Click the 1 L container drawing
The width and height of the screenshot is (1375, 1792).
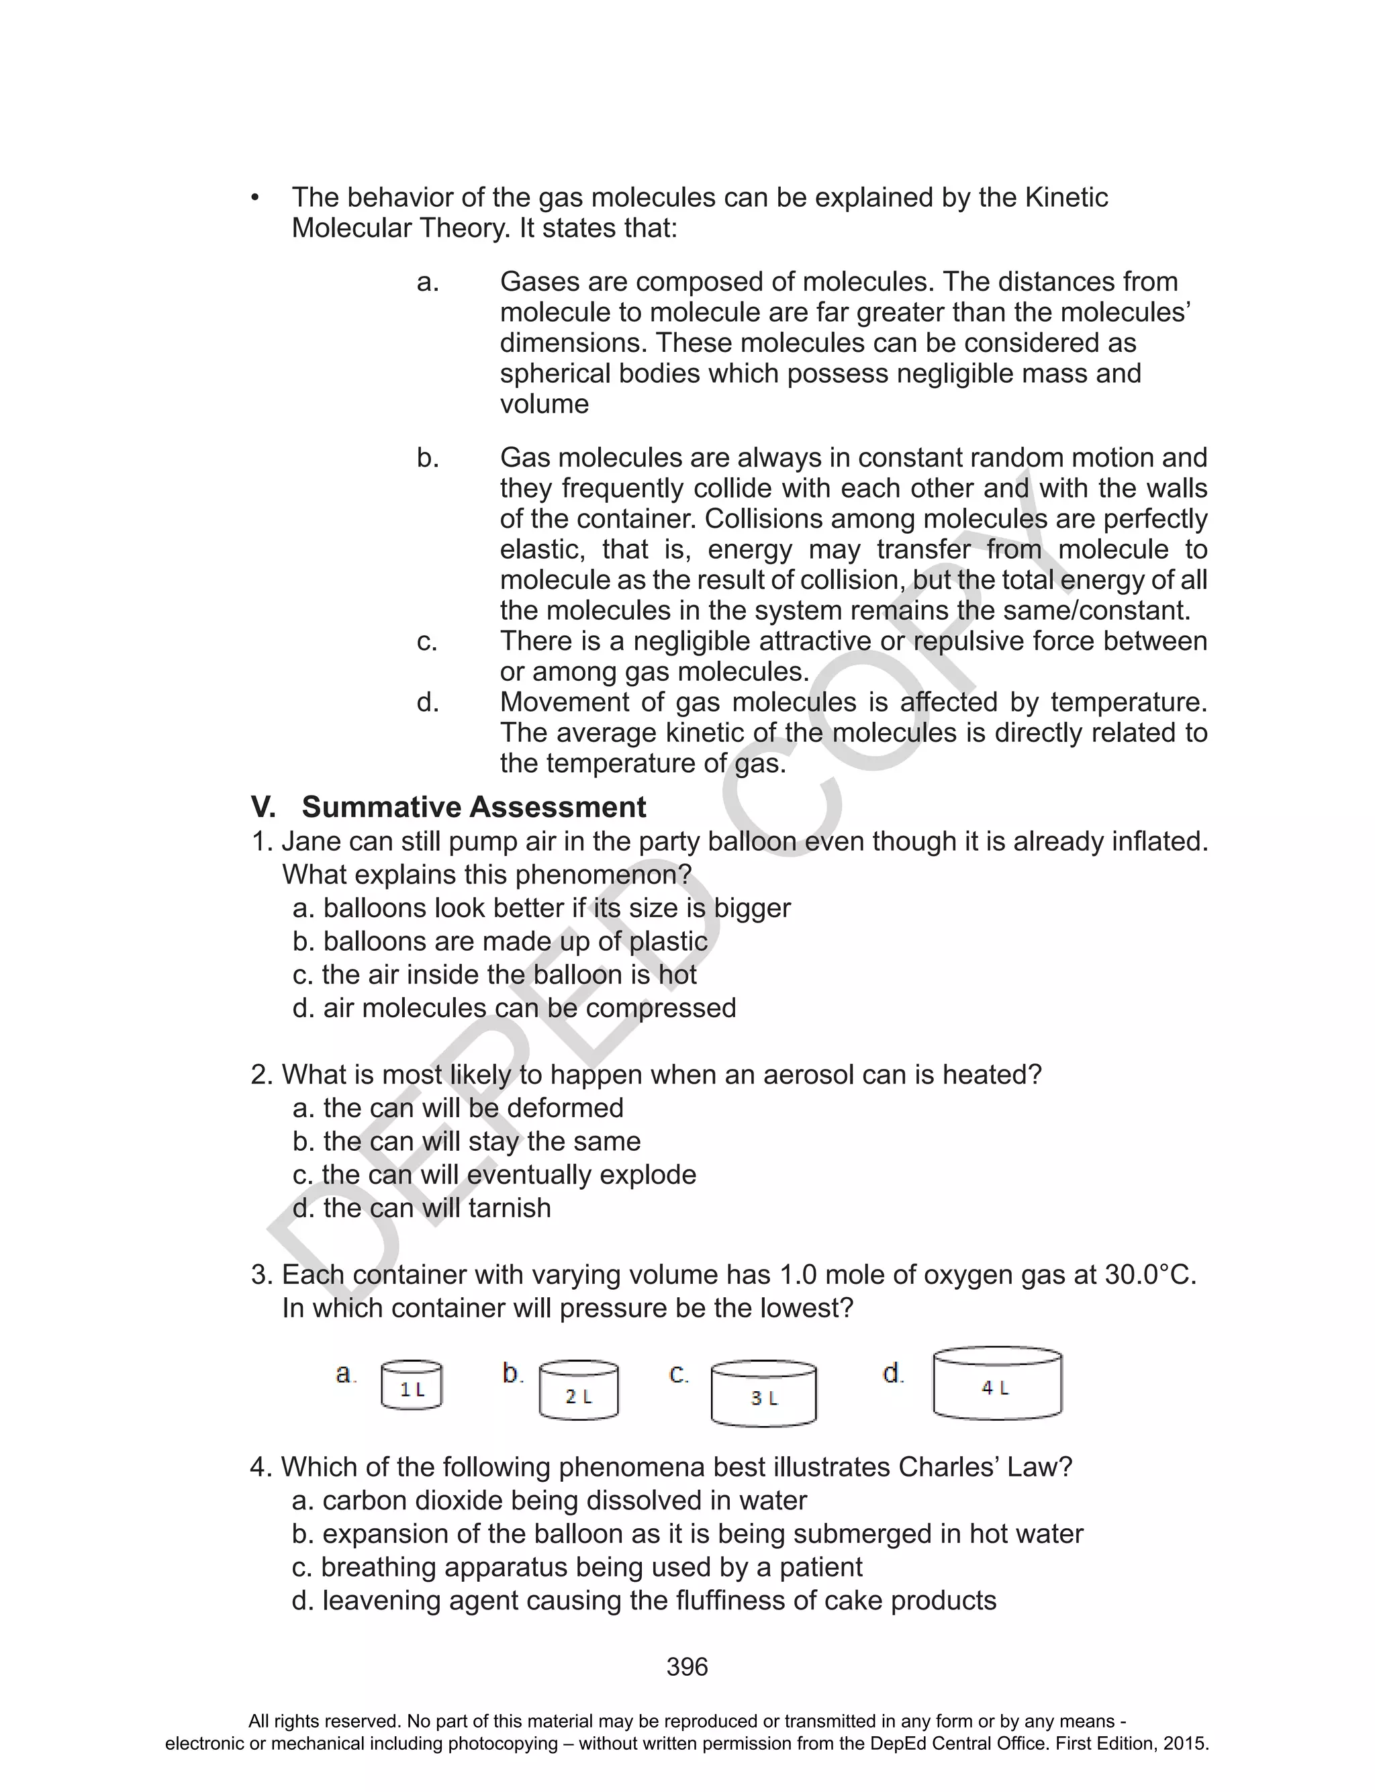412,1384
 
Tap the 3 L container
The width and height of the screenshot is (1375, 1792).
763,1393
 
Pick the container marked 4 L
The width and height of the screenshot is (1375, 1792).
997,1383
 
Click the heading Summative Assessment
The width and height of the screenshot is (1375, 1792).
473,807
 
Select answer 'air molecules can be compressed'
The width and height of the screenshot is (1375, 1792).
514,1007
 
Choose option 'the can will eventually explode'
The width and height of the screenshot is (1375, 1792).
494,1174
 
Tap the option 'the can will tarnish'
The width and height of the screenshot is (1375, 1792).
422,1208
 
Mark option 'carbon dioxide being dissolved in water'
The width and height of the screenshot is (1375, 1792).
549,1500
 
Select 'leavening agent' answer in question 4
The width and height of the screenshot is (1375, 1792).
643,1600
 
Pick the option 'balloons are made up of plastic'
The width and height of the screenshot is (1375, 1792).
500,941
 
